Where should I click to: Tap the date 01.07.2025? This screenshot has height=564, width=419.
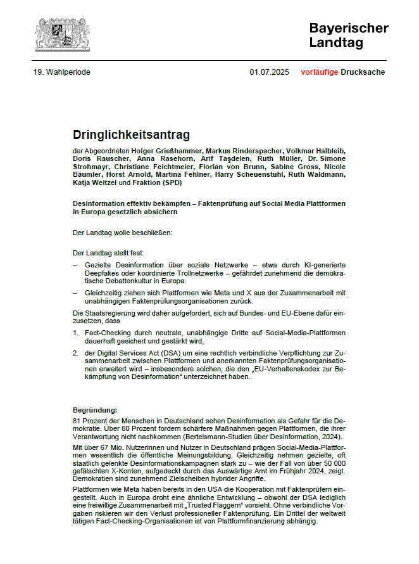(x=269, y=72)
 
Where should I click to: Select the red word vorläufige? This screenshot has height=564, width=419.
(x=320, y=72)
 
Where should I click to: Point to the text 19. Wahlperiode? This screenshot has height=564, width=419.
(x=62, y=72)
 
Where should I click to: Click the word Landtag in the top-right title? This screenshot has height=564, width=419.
(x=336, y=43)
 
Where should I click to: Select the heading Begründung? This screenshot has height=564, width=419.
(x=95, y=410)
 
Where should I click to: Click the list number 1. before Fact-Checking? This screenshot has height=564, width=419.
(x=75, y=333)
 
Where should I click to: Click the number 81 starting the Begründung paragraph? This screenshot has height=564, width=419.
(x=78, y=421)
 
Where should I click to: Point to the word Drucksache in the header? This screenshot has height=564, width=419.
(x=363, y=72)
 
